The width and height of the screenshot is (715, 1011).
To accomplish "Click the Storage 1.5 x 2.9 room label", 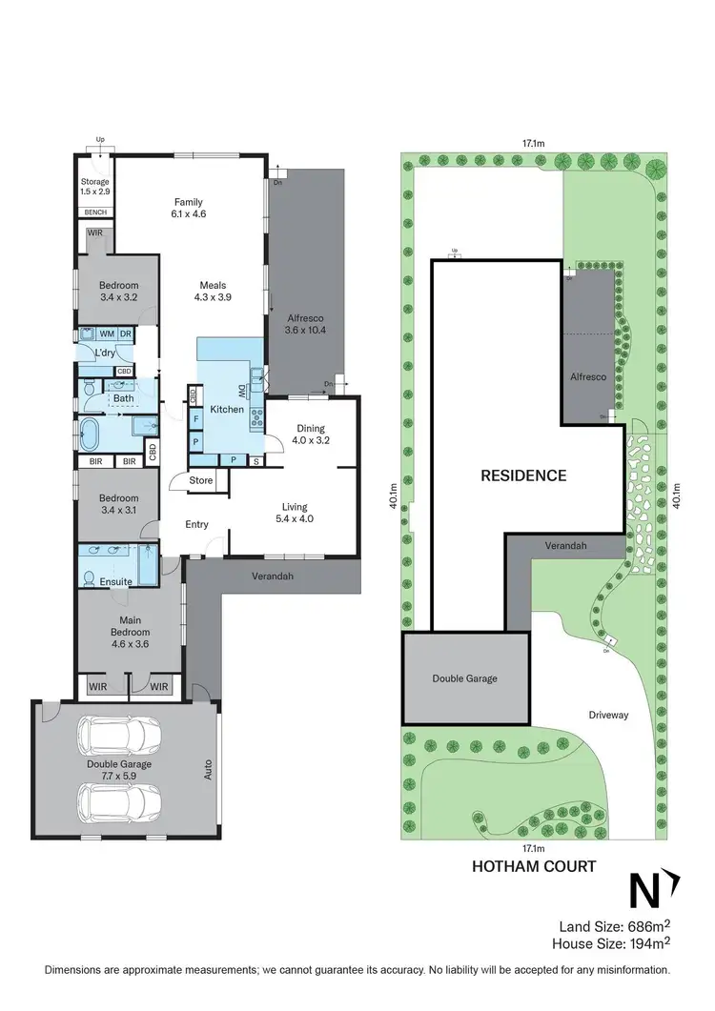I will point(95,187).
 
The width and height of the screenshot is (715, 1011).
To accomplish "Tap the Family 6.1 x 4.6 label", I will point(190,208).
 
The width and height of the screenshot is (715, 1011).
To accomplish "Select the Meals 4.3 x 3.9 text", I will point(214,291).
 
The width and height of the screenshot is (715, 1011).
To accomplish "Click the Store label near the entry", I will point(201,481).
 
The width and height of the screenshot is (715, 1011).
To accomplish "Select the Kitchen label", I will point(229,410).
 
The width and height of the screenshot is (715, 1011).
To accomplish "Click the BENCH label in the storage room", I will point(95,212).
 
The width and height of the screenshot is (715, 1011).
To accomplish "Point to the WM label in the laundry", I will point(107,334).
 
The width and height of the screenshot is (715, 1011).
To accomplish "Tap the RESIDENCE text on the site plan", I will point(523,475).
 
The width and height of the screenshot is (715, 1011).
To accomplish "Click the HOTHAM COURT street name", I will point(535,866).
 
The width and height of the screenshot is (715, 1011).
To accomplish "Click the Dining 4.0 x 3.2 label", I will point(312,435).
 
